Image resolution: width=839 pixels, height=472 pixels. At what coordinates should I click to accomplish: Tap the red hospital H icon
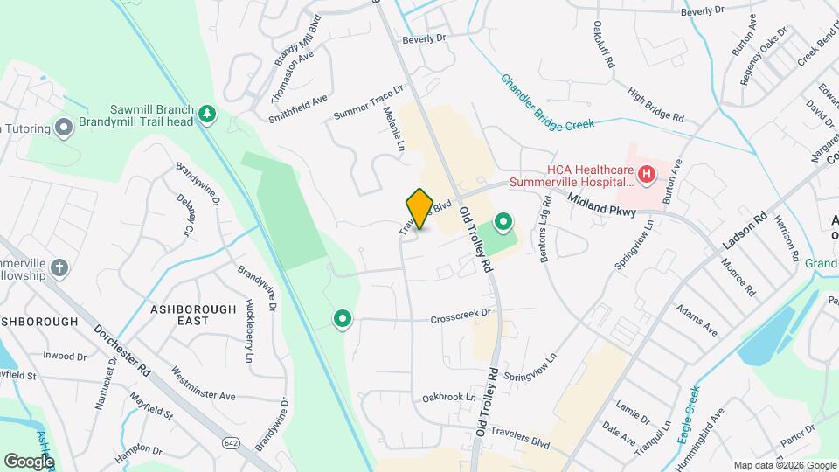point(647,175)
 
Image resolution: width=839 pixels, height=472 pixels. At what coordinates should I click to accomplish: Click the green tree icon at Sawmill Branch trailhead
point(207,113)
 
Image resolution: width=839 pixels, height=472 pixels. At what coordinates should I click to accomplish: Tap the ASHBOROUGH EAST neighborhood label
point(193,315)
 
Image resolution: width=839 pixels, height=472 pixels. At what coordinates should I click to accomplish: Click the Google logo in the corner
point(29,461)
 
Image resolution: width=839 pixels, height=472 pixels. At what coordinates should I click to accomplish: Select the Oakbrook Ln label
point(449,397)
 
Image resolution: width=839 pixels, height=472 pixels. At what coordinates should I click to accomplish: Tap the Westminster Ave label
point(205,383)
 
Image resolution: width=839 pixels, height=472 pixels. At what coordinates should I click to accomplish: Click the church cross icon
point(59,267)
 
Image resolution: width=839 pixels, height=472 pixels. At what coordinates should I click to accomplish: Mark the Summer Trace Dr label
point(368,103)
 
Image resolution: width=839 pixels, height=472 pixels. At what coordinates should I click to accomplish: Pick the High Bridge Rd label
point(655,103)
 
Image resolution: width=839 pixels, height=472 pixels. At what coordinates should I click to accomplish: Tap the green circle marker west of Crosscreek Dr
point(343,320)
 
